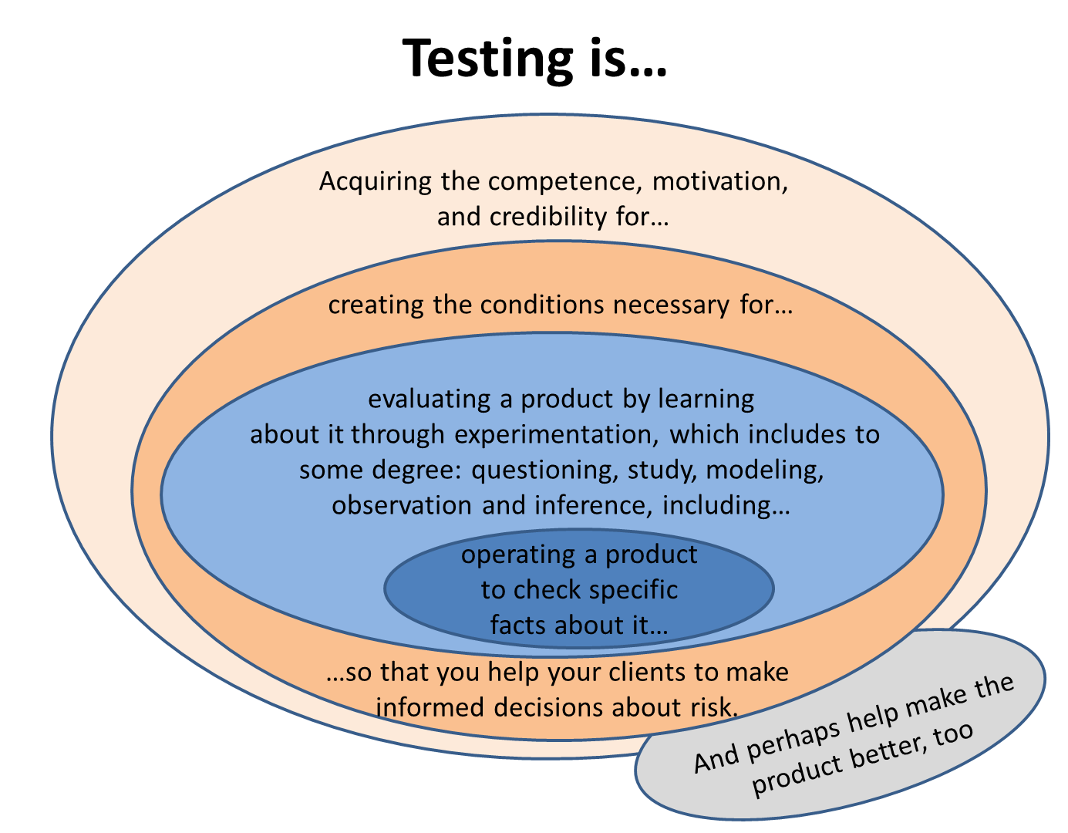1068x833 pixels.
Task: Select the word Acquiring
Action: tap(375, 183)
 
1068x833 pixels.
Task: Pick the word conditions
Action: tap(541, 305)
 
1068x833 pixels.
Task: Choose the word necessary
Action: tap(671, 306)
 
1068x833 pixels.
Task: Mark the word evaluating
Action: tap(429, 400)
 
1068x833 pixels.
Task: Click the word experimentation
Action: tap(557, 436)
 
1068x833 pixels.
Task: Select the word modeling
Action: tap(765, 470)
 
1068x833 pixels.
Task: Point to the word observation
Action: tap(402, 505)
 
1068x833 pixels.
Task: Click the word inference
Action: tap(593, 505)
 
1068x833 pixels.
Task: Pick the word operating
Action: tap(518, 556)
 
